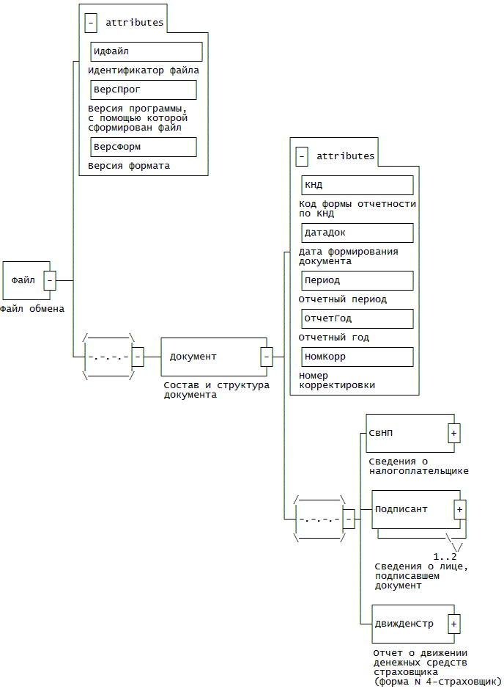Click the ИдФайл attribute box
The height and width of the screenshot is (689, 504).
pyautogui.click(x=146, y=51)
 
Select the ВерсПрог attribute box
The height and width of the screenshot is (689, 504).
pyautogui.click(x=143, y=90)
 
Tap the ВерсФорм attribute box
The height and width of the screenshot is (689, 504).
pyautogui.click(x=143, y=147)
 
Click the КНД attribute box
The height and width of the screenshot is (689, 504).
pyautogui.click(x=357, y=185)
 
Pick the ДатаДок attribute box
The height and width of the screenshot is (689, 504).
pyautogui.click(x=357, y=233)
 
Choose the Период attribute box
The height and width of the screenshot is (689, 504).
pyautogui.click(x=357, y=280)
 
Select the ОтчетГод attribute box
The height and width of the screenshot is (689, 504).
pyautogui.click(x=357, y=318)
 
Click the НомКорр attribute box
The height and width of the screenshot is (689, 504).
pyautogui.click(x=357, y=357)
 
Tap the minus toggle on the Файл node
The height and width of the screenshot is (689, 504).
pyautogui.click(x=50, y=280)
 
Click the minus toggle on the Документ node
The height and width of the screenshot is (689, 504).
pyautogui.click(x=267, y=357)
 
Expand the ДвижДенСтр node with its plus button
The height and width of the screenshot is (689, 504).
pyautogui.click(x=454, y=624)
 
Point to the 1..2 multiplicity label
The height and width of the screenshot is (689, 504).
pyautogui.click(x=445, y=556)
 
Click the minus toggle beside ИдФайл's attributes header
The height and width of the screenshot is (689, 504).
pyautogui.click(x=91, y=23)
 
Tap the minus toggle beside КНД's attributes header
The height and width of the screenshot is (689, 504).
pyautogui.click(x=302, y=156)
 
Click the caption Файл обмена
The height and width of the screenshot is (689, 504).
pyautogui.click(x=32, y=309)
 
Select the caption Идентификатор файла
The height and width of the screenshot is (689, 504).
pyautogui.click(x=144, y=70)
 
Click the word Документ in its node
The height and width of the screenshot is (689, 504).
pyautogui.click(x=193, y=357)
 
